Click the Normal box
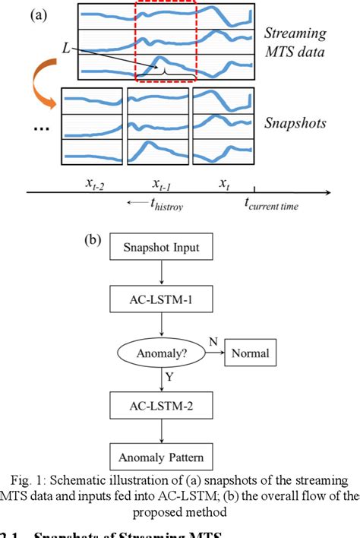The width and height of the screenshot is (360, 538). pyautogui.click(x=251, y=353)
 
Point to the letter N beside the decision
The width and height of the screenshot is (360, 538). pyautogui.click(x=213, y=343)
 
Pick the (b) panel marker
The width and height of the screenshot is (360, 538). pyautogui.click(x=93, y=242)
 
